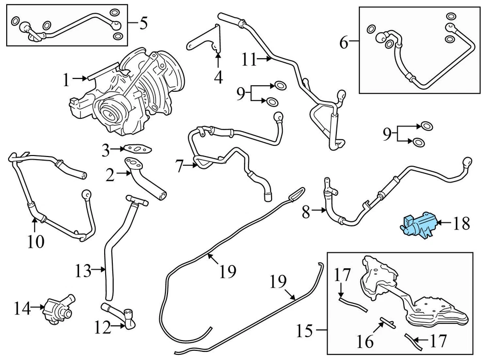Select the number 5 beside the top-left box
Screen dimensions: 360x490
click(x=143, y=22)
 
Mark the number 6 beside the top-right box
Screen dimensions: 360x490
click(x=344, y=42)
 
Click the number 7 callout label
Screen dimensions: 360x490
click(x=179, y=166)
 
